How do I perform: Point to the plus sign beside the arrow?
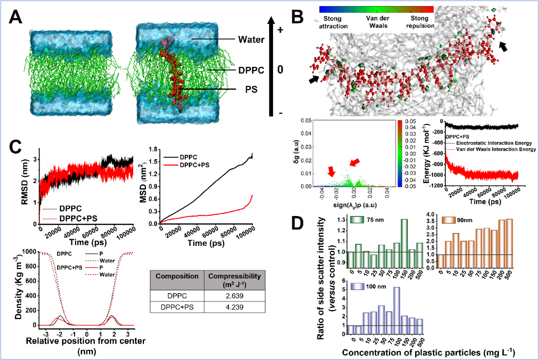(280, 30)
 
